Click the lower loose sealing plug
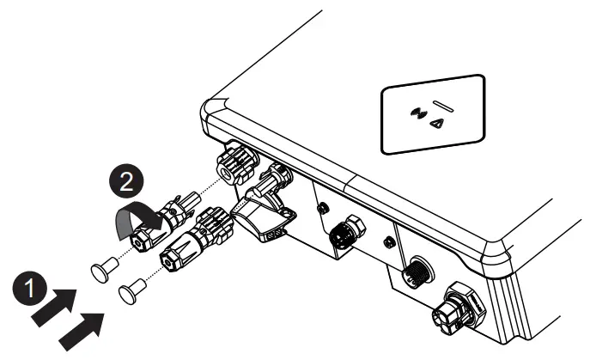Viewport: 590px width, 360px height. coord(130,292)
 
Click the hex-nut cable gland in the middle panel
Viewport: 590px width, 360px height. coord(348,231)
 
